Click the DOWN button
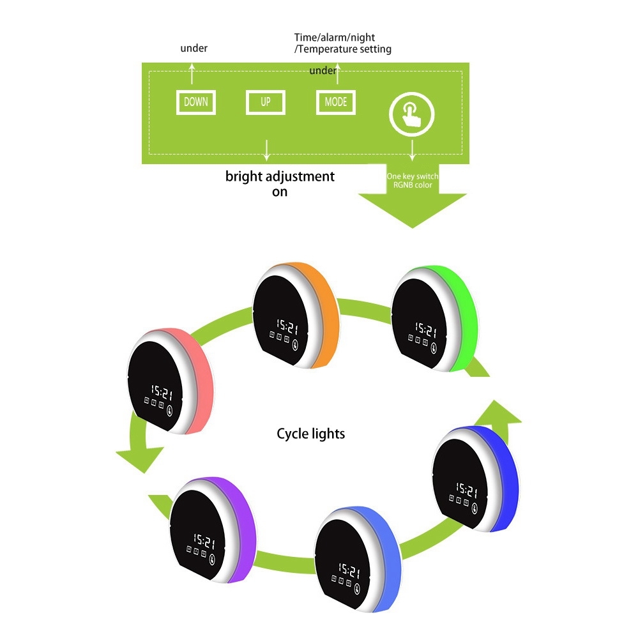coord(196,102)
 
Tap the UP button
coord(265,102)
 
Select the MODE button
coord(335,102)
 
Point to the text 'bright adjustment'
coord(280,176)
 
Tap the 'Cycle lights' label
coord(310,434)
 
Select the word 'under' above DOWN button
coord(194,48)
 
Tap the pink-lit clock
coord(167,383)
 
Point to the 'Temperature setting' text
coord(345,49)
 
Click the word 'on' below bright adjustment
coord(280,192)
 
